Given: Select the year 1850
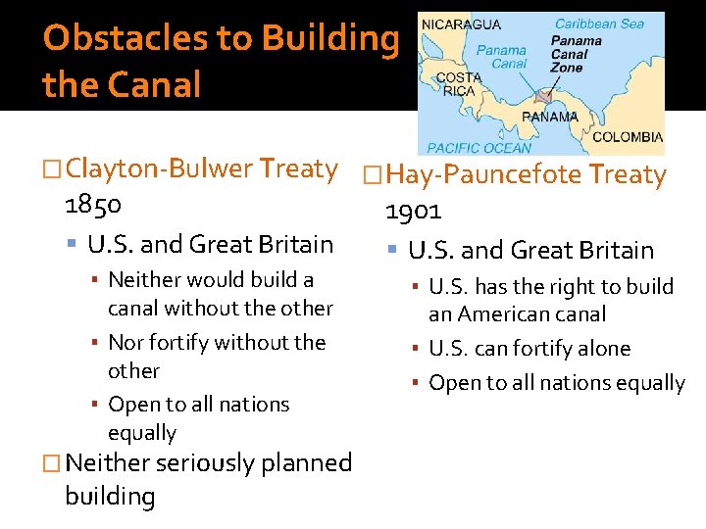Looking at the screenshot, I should [x=93, y=205].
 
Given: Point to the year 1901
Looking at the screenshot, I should [x=413, y=211].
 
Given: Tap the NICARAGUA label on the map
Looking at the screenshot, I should [x=462, y=24].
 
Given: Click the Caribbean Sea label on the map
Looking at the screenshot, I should [x=599, y=24].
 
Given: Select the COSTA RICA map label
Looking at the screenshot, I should [x=459, y=84].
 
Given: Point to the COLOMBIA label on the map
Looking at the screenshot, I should [x=628, y=137].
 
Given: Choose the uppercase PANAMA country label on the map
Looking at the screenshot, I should [x=549, y=117].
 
